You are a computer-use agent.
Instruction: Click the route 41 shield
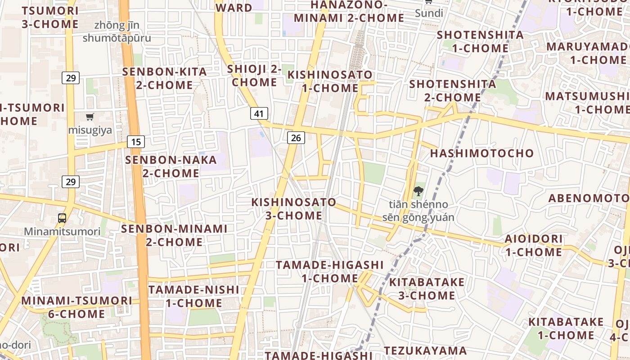tap(259, 113)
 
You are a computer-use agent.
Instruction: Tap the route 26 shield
tap(296, 138)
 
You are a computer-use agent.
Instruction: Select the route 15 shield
tap(136, 142)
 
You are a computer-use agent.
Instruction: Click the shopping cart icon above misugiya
tap(90, 117)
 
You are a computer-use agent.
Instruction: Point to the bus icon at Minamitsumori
tap(62, 218)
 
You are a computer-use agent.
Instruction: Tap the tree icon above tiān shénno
tap(418, 191)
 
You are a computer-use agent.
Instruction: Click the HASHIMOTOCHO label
tap(481, 153)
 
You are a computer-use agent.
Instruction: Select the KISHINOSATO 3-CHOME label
tap(293, 209)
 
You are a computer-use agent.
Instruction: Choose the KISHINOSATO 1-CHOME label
tap(330, 81)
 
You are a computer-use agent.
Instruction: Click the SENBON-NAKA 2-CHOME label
tap(171, 166)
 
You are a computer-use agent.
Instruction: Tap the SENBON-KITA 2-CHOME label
tap(165, 78)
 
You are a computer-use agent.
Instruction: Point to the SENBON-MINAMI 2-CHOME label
tap(174, 235)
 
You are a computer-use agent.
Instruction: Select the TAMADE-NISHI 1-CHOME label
tap(194, 296)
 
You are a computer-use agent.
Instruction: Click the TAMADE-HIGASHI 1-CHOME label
tap(330, 272)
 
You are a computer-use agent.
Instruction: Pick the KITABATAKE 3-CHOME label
tap(427, 289)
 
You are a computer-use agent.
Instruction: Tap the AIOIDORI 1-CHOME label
tap(534, 245)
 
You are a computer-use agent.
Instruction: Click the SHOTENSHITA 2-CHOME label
tap(453, 90)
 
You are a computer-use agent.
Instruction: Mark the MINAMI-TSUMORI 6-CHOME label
tap(77, 307)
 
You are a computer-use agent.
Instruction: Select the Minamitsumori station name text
tap(62, 232)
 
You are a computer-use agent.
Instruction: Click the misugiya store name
tap(90, 130)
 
